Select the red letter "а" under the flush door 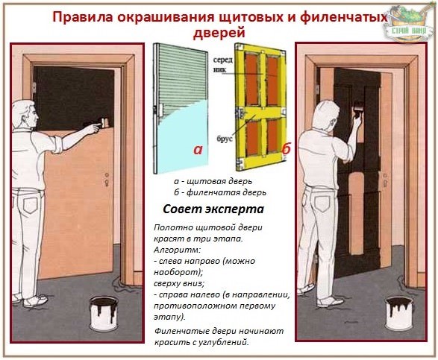pos(198,150)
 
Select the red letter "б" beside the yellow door pos(286,150)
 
